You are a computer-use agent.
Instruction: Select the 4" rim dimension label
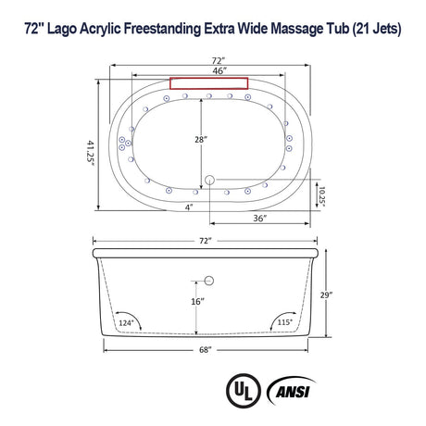click(x=188, y=207)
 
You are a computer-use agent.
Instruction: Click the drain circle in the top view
click(x=209, y=179)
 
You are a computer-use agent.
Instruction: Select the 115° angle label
click(x=286, y=321)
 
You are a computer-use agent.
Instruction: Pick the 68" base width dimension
click(x=205, y=350)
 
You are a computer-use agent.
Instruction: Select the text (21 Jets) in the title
click(x=371, y=29)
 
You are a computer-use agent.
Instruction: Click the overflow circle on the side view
click(x=209, y=279)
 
